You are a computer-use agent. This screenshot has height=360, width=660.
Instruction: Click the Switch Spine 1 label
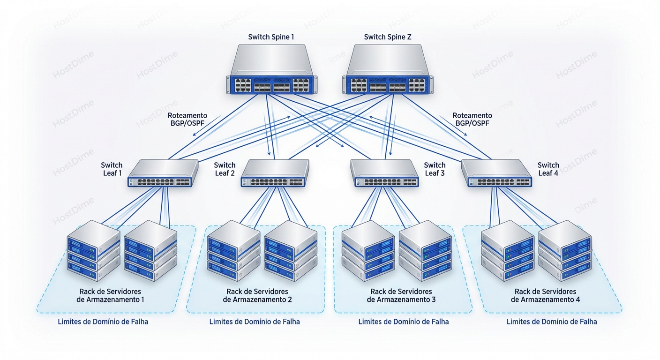pyautogui.click(x=271, y=37)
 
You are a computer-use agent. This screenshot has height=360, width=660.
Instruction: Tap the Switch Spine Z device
pyautogui.click(x=389, y=70)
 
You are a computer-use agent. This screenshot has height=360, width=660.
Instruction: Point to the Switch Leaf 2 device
pyautogui.click(x=276, y=173)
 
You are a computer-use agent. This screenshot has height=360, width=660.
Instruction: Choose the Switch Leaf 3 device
pyautogui.click(x=384, y=173)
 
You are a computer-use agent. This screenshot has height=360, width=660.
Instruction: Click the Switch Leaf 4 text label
pyautogui.click(x=548, y=169)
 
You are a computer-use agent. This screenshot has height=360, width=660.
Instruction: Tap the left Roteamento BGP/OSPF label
pyautogui.click(x=187, y=119)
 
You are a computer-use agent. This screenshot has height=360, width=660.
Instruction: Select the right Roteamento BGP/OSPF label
pyautogui.click(x=472, y=119)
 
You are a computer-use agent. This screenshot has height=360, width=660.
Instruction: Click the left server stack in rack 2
pyautogui.click(x=233, y=251)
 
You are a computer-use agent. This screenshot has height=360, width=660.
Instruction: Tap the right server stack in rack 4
pyautogui.click(x=565, y=251)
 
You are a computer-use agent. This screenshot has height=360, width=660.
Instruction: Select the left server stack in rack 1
pyautogui.click(x=93, y=251)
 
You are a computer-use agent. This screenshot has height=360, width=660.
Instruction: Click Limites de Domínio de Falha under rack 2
pyautogui.click(x=255, y=322)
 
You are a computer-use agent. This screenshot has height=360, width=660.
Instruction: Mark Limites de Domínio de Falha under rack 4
pyautogui.click(x=552, y=322)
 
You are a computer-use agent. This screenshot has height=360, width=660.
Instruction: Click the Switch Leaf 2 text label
pyautogui.click(x=225, y=169)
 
